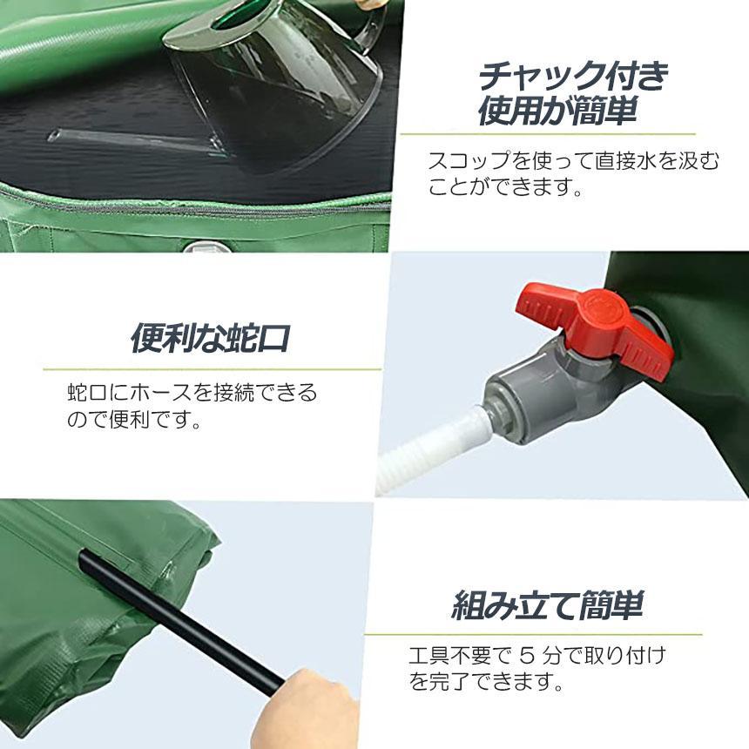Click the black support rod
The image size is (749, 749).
click(x=181, y=621)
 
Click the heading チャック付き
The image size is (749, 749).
click(x=574, y=77)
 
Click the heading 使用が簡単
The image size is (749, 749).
click(x=558, y=111)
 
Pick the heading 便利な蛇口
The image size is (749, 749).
click(x=211, y=338)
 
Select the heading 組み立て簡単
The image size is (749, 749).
click(x=548, y=604)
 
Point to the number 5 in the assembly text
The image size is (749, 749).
click(x=526, y=655)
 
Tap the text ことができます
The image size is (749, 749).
click(x=504, y=186)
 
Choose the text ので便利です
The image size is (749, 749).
click(x=134, y=419)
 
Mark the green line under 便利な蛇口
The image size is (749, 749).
click(x=213, y=369)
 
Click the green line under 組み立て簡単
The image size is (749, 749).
click(x=533, y=635)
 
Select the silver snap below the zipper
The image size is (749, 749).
click(x=206, y=248)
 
